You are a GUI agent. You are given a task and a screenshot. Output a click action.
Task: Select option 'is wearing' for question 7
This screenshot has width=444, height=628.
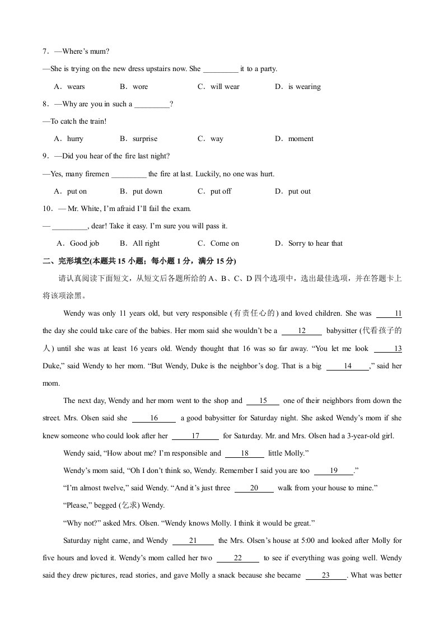(304, 87)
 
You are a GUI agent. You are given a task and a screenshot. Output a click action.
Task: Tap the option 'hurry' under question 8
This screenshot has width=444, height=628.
(75, 139)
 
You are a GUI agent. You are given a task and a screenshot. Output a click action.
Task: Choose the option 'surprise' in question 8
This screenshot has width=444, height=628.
(144, 139)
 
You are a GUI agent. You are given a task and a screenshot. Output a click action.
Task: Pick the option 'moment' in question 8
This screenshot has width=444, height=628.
(301, 139)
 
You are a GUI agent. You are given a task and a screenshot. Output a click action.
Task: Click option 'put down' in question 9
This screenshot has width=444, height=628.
(147, 191)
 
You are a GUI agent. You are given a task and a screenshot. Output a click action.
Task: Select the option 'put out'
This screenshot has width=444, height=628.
(299, 191)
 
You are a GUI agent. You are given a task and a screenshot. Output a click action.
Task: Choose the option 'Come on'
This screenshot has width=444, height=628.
(225, 243)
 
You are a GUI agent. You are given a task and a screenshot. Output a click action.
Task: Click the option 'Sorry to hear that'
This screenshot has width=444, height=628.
(315, 243)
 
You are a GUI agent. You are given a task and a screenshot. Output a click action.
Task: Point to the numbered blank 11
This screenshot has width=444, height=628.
(390, 314)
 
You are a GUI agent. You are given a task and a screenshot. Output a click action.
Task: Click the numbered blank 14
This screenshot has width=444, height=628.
(348, 366)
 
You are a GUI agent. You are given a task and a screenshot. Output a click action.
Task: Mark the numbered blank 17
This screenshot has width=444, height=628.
(195, 435)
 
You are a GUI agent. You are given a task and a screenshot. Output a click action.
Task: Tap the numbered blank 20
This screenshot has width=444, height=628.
(254, 488)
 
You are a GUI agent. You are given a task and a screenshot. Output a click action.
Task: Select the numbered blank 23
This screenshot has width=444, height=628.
(326, 575)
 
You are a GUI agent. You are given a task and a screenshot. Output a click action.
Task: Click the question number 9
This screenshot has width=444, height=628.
(46, 156)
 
